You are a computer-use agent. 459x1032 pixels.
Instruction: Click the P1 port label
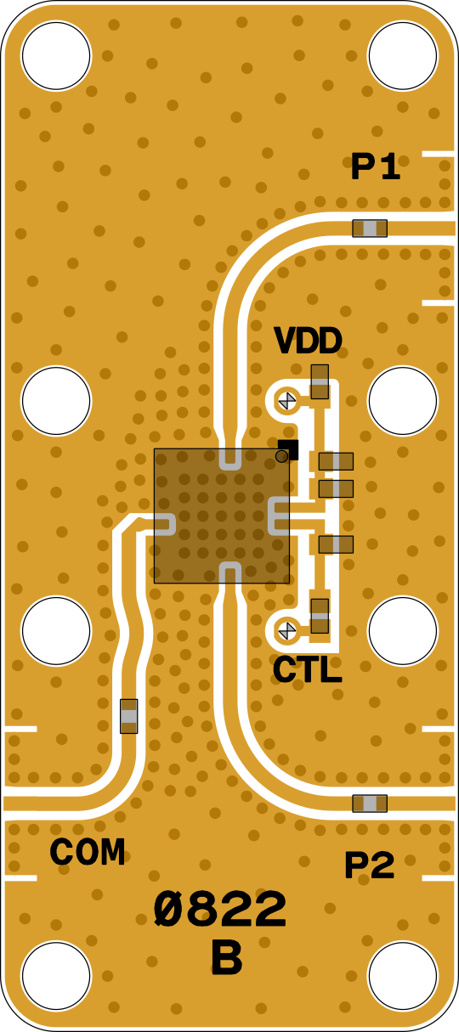375,166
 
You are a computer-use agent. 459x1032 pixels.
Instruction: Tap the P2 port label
370,866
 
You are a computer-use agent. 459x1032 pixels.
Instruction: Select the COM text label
88,851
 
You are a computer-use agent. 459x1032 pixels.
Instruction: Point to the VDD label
308,341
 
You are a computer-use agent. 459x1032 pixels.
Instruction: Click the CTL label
308,669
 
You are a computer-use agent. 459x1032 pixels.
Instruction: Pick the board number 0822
220,909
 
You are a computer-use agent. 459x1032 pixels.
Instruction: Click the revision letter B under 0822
227,957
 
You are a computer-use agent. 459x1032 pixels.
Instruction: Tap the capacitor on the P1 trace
370,228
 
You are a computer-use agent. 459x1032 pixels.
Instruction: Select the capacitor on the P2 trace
370,804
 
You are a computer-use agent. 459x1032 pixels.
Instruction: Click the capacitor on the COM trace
128,716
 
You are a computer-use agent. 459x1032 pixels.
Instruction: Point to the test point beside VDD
287,400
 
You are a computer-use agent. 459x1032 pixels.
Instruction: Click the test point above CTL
287,630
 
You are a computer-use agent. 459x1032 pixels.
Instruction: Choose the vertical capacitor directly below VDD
320,381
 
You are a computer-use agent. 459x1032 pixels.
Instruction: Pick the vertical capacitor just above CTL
320,616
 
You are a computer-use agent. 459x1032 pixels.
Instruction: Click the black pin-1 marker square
288,449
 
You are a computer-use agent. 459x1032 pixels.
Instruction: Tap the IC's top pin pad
230,459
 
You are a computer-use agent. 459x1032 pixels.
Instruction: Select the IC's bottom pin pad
230,573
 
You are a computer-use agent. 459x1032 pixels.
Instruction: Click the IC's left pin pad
165,524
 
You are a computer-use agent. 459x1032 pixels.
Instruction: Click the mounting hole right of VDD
402,400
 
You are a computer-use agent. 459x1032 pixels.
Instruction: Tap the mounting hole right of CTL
402,631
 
